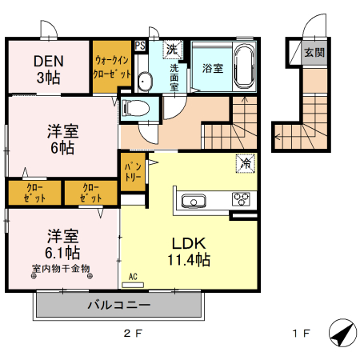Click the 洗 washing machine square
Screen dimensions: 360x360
pyautogui.click(x=171, y=49)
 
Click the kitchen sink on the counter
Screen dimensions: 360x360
pyautogui.click(x=194, y=199)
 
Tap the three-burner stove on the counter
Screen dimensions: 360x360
pyautogui.click(x=241, y=198)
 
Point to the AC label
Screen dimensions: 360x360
pyautogui.click(x=133, y=277)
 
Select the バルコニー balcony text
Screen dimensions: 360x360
pyautogui.click(x=118, y=305)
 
